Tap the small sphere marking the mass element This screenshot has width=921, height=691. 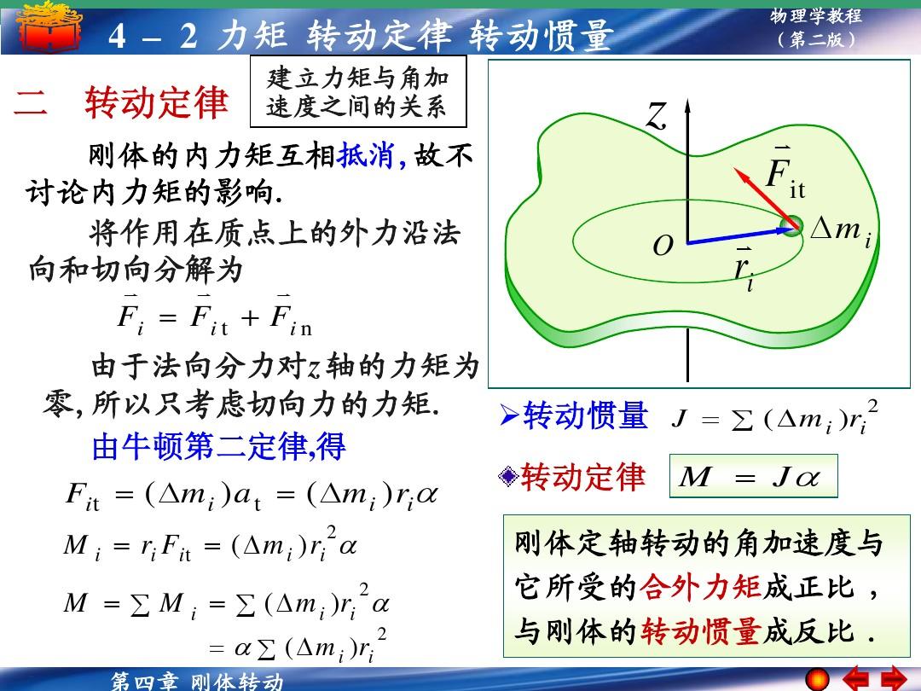point(792,226)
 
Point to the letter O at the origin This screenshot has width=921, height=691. point(663,246)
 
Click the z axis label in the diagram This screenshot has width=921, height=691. point(657,115)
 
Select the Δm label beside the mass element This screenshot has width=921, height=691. point(841,230)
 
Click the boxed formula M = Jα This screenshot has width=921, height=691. point(754,476)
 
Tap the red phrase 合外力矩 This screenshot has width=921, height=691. point(700,586)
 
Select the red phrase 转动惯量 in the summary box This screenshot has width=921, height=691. point(701,631)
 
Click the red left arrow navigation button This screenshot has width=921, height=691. point(856,679)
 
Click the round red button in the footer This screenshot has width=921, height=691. point(817,680)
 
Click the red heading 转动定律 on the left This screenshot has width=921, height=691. point(156,102)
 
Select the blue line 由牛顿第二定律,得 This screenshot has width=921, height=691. point(218,446)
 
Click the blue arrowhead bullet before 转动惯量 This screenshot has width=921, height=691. point(509,416)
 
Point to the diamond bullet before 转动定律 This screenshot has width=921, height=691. point(508,476)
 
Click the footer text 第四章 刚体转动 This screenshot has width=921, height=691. point(198,682)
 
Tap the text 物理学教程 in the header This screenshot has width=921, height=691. point(816,16)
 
